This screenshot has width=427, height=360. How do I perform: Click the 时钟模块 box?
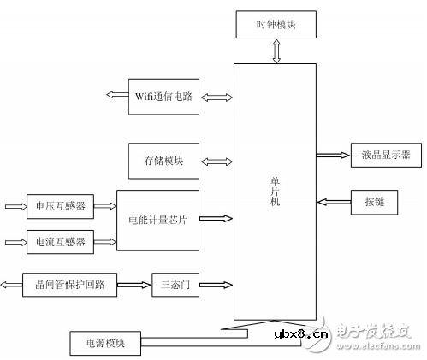click(275, 25)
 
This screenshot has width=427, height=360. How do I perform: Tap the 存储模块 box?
click(163, 160)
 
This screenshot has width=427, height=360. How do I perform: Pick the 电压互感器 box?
click(60, 206)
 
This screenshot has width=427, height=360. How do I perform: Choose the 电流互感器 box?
click(60, 241)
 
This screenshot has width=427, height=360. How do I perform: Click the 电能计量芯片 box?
click(157, 221)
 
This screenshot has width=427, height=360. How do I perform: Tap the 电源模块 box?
click(104, 343)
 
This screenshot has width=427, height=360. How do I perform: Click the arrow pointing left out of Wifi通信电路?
click(116, 95)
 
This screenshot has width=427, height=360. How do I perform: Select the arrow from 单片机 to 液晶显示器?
click(331, 156)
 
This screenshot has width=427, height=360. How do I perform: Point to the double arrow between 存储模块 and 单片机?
click(216, 160)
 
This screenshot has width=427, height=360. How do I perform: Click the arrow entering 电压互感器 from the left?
click(15, 206)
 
